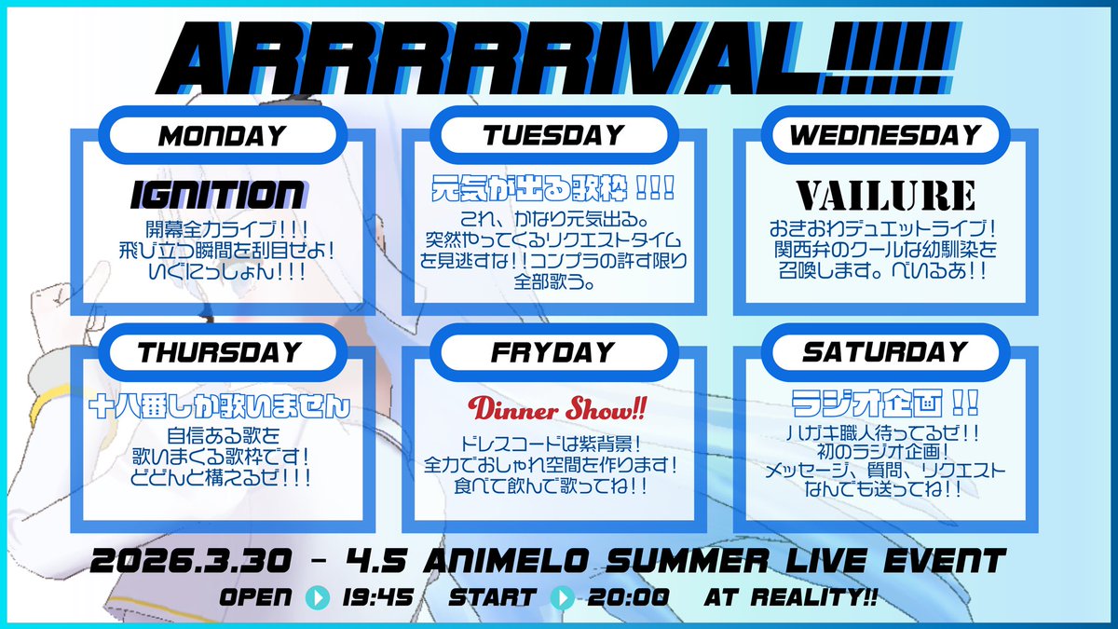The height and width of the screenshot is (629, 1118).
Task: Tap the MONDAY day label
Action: (x=223, y=136)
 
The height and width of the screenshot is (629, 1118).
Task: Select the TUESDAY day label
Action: (x=553, y=136)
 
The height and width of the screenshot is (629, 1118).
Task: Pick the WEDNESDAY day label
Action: (x=885, y=136)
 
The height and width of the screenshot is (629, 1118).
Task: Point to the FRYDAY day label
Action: (x=553, y=352)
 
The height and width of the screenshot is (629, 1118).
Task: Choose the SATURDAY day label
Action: (x=885, y=352)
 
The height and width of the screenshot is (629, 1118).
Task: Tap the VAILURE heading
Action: (x=886, y=196)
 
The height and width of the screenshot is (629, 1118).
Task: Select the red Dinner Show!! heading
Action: (x=557, y=409)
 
